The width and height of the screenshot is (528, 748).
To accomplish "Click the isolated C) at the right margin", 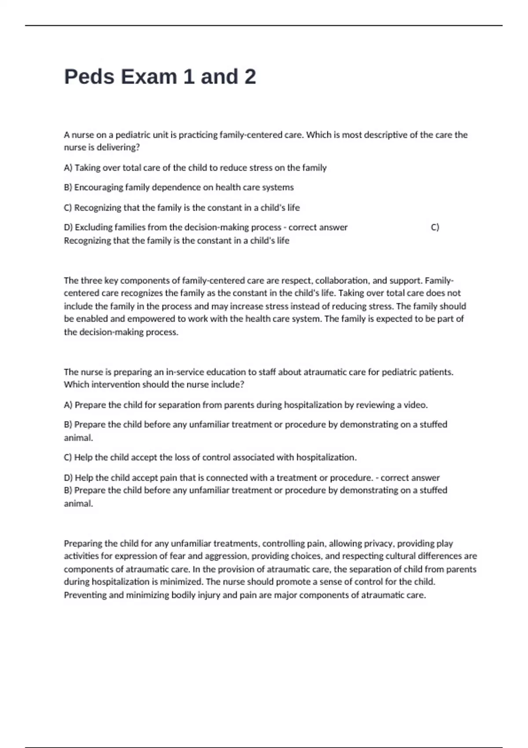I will point(435,227).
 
